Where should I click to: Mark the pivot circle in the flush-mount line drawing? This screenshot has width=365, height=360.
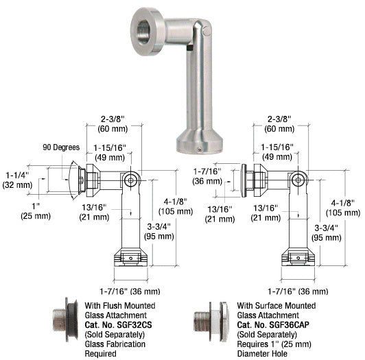[130, 180]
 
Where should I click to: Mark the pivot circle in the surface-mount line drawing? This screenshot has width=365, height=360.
[296, 180]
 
